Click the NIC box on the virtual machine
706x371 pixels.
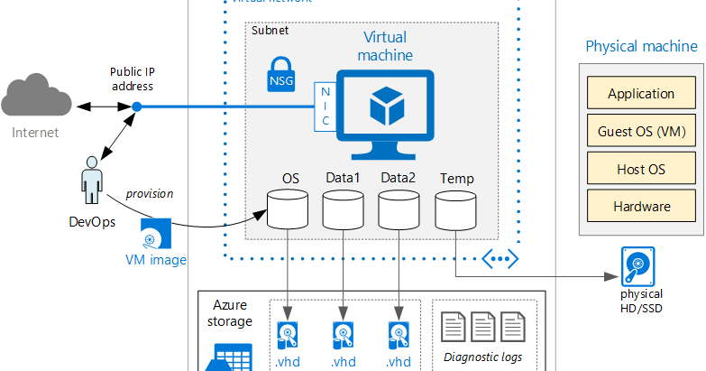click(324, 107)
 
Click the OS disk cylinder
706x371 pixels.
click(284, 209)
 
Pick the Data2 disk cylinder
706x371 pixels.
click(398, 209)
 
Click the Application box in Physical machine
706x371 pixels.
click(641, 93)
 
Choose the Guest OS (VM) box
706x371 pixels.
click(641, 131)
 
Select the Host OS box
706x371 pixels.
click(641, 169)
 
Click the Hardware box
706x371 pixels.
click(641, 206)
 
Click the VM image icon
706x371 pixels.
click(155, 234)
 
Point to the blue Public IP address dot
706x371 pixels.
click(136, 107)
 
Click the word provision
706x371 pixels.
click(149, 193)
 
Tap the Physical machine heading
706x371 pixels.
click(641, 46)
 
